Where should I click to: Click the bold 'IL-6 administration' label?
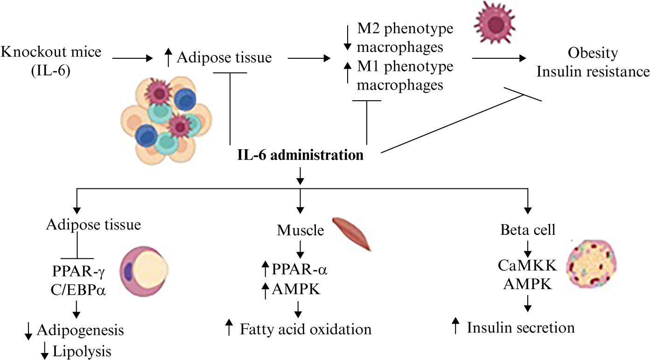[301, 155]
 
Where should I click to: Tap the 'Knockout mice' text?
[51, 52]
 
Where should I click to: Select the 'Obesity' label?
[593, 53]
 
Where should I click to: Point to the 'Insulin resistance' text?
[593, 72]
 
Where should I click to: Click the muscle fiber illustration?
[352, 234]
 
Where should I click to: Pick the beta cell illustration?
[591, 264]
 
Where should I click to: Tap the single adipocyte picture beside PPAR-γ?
[144, 271]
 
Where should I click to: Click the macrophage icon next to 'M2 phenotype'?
[495, 22]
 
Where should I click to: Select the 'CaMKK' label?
[528, 265]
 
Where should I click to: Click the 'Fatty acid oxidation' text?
[306, 329]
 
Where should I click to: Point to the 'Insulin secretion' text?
[521, 328]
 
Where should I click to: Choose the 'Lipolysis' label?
[82, 351]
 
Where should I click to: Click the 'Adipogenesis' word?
[80, 330]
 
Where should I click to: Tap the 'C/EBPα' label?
[78, 290]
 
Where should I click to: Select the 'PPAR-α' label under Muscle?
[300, 270]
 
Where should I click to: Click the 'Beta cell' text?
[528, 230]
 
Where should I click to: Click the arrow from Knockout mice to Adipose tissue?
[133, 58]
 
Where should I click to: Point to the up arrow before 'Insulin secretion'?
[455, 325]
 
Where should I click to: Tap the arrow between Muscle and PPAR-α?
[300, 250]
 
